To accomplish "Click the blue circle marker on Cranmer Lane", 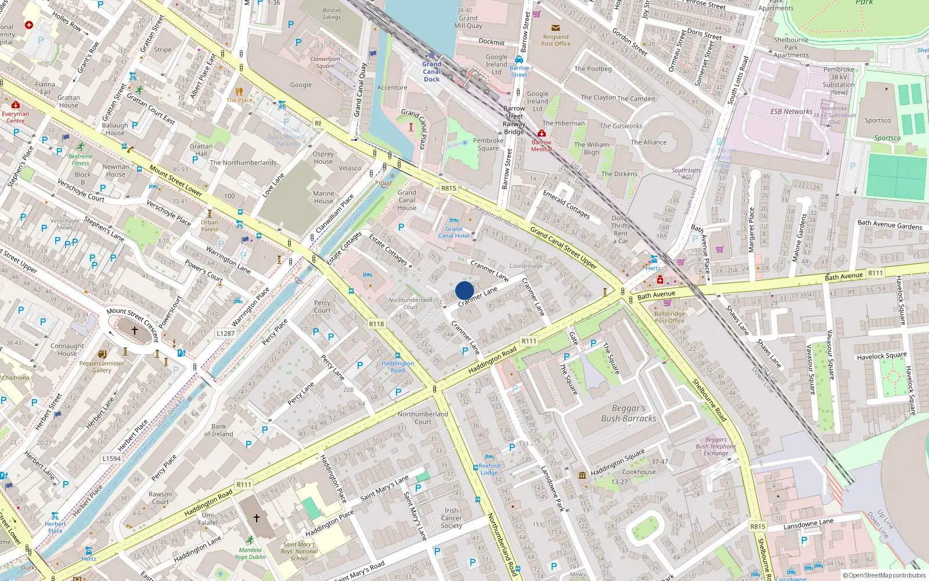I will tap(464, 290).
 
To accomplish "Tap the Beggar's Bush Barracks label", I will tap(628, 414).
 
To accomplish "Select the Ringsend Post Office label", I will tap(556, 40).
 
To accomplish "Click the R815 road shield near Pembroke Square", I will tap(448, 188).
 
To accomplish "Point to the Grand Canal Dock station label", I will tap(431, 71).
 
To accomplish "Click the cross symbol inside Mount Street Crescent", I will tap(134, 331).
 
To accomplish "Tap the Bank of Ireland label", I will tap(218, 430).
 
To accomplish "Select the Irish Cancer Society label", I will tap(451, 518).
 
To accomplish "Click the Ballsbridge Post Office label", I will tap(669, 317).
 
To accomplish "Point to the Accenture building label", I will tap(392, 88).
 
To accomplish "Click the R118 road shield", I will tap(376, 324).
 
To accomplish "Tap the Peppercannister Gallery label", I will tap(102, 367).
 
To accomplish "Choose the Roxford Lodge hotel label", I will tap(489, 469).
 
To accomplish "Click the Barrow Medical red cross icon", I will tap(541, 134).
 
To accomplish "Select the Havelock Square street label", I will tap(881, 356).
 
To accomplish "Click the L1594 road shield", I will tap(111, 458).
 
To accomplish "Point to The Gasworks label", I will tap(621, 126).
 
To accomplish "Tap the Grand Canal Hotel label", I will tap(453, 232).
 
